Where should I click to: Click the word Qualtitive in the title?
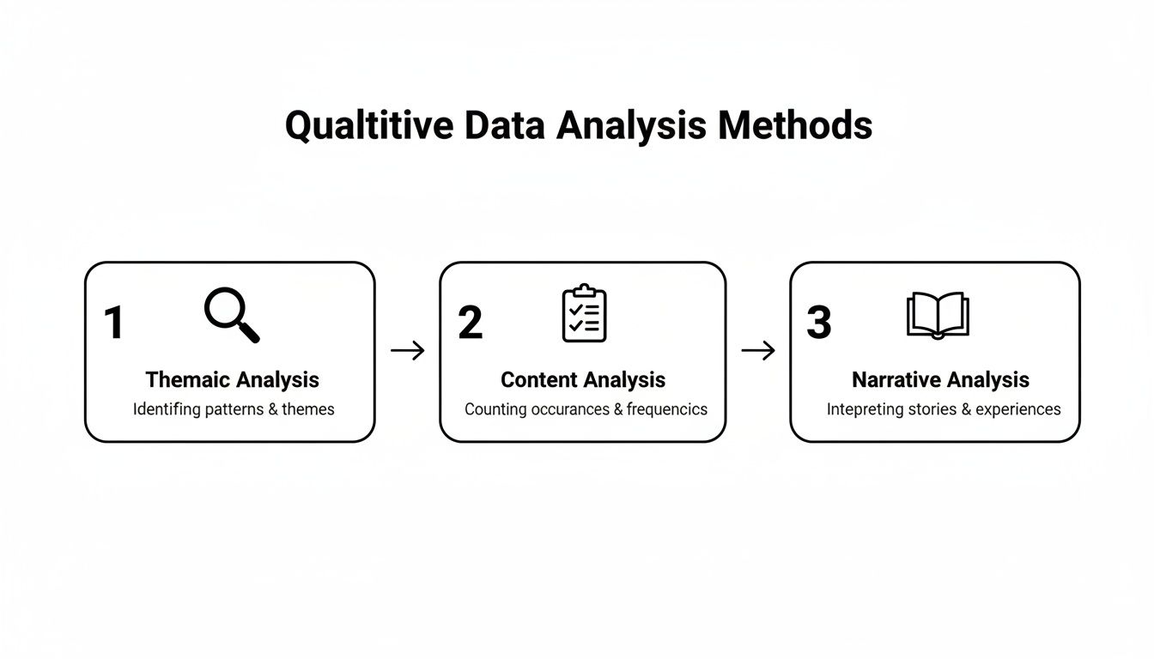point(369,126)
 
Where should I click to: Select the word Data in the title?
point(507,126)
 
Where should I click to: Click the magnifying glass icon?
point(231,315)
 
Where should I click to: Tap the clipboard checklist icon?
point(584,314)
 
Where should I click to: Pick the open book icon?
point(938,315)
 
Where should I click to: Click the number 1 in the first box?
point(113,323)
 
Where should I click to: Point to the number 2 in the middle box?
point(470,323)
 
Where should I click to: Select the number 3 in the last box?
point(819,323)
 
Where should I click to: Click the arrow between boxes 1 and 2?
point(407,350)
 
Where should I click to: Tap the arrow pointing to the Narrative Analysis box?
point(758,350)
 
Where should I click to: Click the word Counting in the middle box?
point(495,409)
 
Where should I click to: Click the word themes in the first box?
point(308,409)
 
